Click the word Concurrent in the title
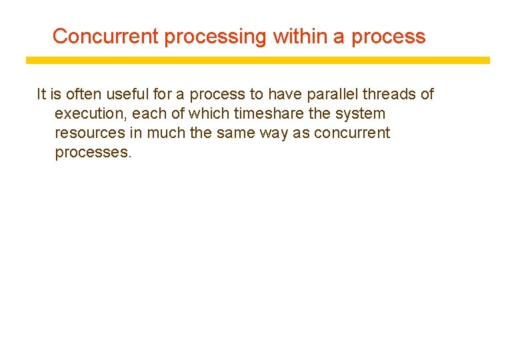click(x=105, y=36)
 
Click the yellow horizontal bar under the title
click(x=257, y=60)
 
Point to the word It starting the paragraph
click(x=41, y=94)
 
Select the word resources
click(x=89, y=133)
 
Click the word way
click(x=274, y=133)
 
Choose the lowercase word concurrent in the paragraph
click(x=352, y=133)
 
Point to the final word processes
click(x=93, y=152)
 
